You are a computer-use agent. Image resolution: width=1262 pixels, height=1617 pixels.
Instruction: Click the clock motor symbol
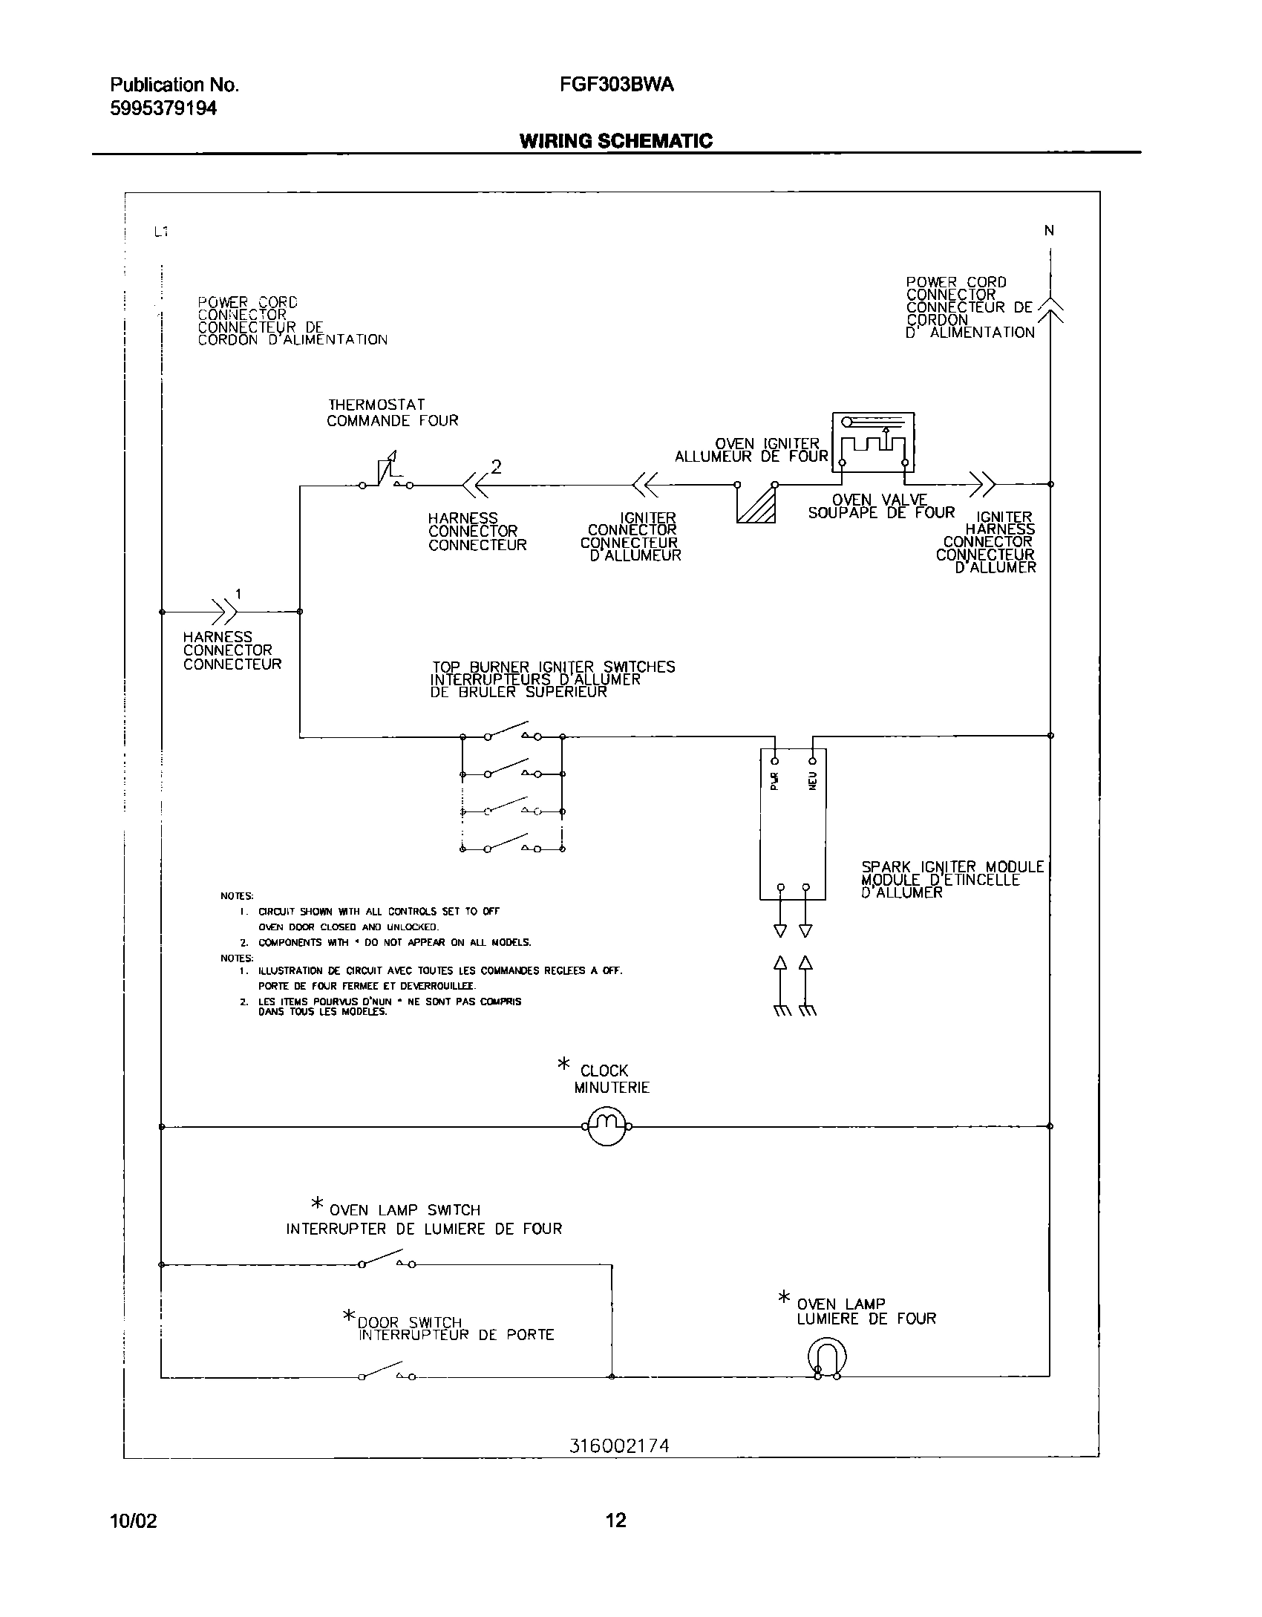(x=607, y=1126)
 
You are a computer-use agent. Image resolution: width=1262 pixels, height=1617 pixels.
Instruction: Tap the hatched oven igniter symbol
(x=756, y=505)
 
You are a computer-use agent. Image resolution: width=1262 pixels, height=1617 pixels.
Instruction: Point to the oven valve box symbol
(x=873, y=442)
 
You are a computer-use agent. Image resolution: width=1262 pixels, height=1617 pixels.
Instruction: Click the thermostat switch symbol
(x=387, y=474)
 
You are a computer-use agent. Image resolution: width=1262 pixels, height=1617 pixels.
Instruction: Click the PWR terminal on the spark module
(x=775, y=760)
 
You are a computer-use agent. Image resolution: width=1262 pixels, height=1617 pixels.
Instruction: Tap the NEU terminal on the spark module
(x=813, y=760)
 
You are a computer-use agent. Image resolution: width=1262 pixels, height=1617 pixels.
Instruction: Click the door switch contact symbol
(x=386, y=1373)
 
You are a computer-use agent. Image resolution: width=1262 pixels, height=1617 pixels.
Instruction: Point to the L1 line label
(x=161, y=232)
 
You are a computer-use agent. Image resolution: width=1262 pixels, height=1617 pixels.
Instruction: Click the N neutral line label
(x=1049, y=231)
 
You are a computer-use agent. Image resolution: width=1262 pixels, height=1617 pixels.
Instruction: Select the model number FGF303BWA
(x=617, y=85)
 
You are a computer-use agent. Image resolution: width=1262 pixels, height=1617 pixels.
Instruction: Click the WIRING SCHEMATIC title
(x=616, y=141)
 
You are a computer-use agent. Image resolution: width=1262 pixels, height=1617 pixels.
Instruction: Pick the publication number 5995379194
(x=163, y=108)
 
